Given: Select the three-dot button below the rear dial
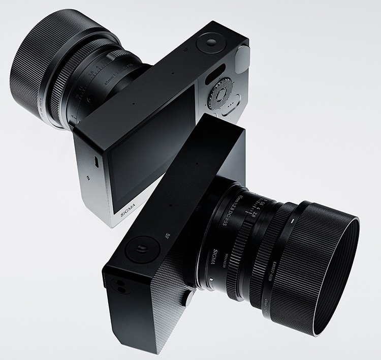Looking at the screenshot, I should point(230,106).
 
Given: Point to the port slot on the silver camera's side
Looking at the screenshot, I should point(96,161).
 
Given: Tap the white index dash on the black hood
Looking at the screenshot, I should point(294,222).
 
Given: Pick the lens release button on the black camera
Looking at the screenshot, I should point(189,299).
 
